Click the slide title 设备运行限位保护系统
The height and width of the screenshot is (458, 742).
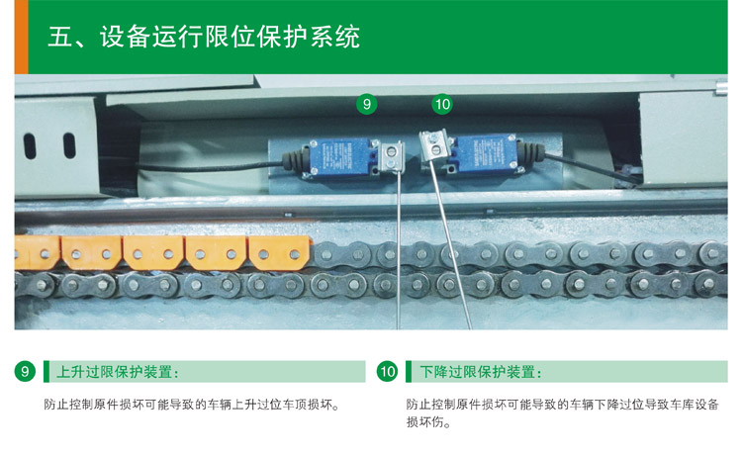pyautogui.click(x=230, y=37)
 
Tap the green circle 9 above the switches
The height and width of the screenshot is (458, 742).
pyautogui.click(x=367, y=104)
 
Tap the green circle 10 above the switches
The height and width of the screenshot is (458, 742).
pyautogui.click(x=442, y=104)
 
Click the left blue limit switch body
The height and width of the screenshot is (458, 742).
pyautogui.click(x=340, y=157)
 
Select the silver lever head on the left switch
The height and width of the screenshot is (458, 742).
pyautogui.click(x=391, y=157)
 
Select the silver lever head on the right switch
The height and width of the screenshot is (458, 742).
pyautogui.click(x=434, y=144)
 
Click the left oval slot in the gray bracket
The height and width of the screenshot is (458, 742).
pyautogui.click(x=30, y=146)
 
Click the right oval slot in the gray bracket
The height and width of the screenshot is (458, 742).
pyautogui.click(x=69, y=145)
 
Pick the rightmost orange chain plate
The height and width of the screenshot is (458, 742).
pyautogui.click(x=279, y=253)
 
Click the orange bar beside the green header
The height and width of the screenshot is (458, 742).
pyautogui.click(x=22, y=37)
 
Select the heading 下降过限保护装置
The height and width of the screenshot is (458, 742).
pyautogui.click(x=481, y=372)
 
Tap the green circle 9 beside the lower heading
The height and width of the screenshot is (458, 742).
pyautogui.click(x=25, y=371)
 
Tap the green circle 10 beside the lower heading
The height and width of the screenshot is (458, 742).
pyautogui.click(x=387, y=371)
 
